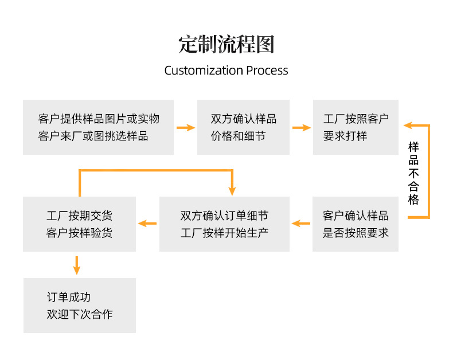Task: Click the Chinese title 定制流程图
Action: [226, 45]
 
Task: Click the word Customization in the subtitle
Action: [204, 71]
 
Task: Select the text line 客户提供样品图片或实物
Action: [98, 119]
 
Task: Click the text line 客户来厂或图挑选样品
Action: [93, 136]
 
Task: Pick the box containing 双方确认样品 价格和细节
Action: [243, 127]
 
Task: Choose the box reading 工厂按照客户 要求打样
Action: [356, 127]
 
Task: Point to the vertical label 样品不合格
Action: [413, 173]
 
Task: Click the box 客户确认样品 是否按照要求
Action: [356, 224]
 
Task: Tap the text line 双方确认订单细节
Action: [224, 216]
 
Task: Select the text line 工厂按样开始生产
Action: [224, 233]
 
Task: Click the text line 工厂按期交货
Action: [79, 216]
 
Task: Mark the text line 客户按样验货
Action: [79, 233]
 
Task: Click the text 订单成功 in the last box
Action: [68, 297]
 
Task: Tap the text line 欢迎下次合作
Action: [79, 314]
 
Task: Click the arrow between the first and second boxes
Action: [185, 127]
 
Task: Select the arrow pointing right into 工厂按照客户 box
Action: [301, 127]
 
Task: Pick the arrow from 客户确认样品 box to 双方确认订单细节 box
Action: [301, 224]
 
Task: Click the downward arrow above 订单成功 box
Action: [77, 265]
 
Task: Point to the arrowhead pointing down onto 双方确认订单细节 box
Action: [232, 190]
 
